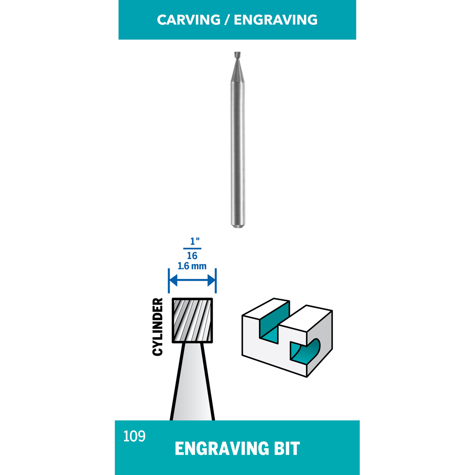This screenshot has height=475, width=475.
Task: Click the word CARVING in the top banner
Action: (x=189, y=20)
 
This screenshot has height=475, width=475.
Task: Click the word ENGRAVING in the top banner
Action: (x=275, y=20)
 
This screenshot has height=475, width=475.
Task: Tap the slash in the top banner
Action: (x=227, y=20)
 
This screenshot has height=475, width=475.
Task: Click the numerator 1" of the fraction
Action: (x=195, y=241)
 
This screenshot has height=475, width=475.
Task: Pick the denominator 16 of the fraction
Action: (x=192, y=256)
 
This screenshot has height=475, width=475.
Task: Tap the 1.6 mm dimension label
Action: (x=192, y=266)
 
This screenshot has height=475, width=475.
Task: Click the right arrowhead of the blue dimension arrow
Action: (x=211, y=280)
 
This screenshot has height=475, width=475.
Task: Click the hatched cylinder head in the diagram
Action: (x=192, y=320)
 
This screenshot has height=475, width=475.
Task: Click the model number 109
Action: (x=134, y=436)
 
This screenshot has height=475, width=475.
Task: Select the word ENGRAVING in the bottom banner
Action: (x=221, y=448)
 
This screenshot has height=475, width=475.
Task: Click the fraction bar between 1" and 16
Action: (x=192, y=249)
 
